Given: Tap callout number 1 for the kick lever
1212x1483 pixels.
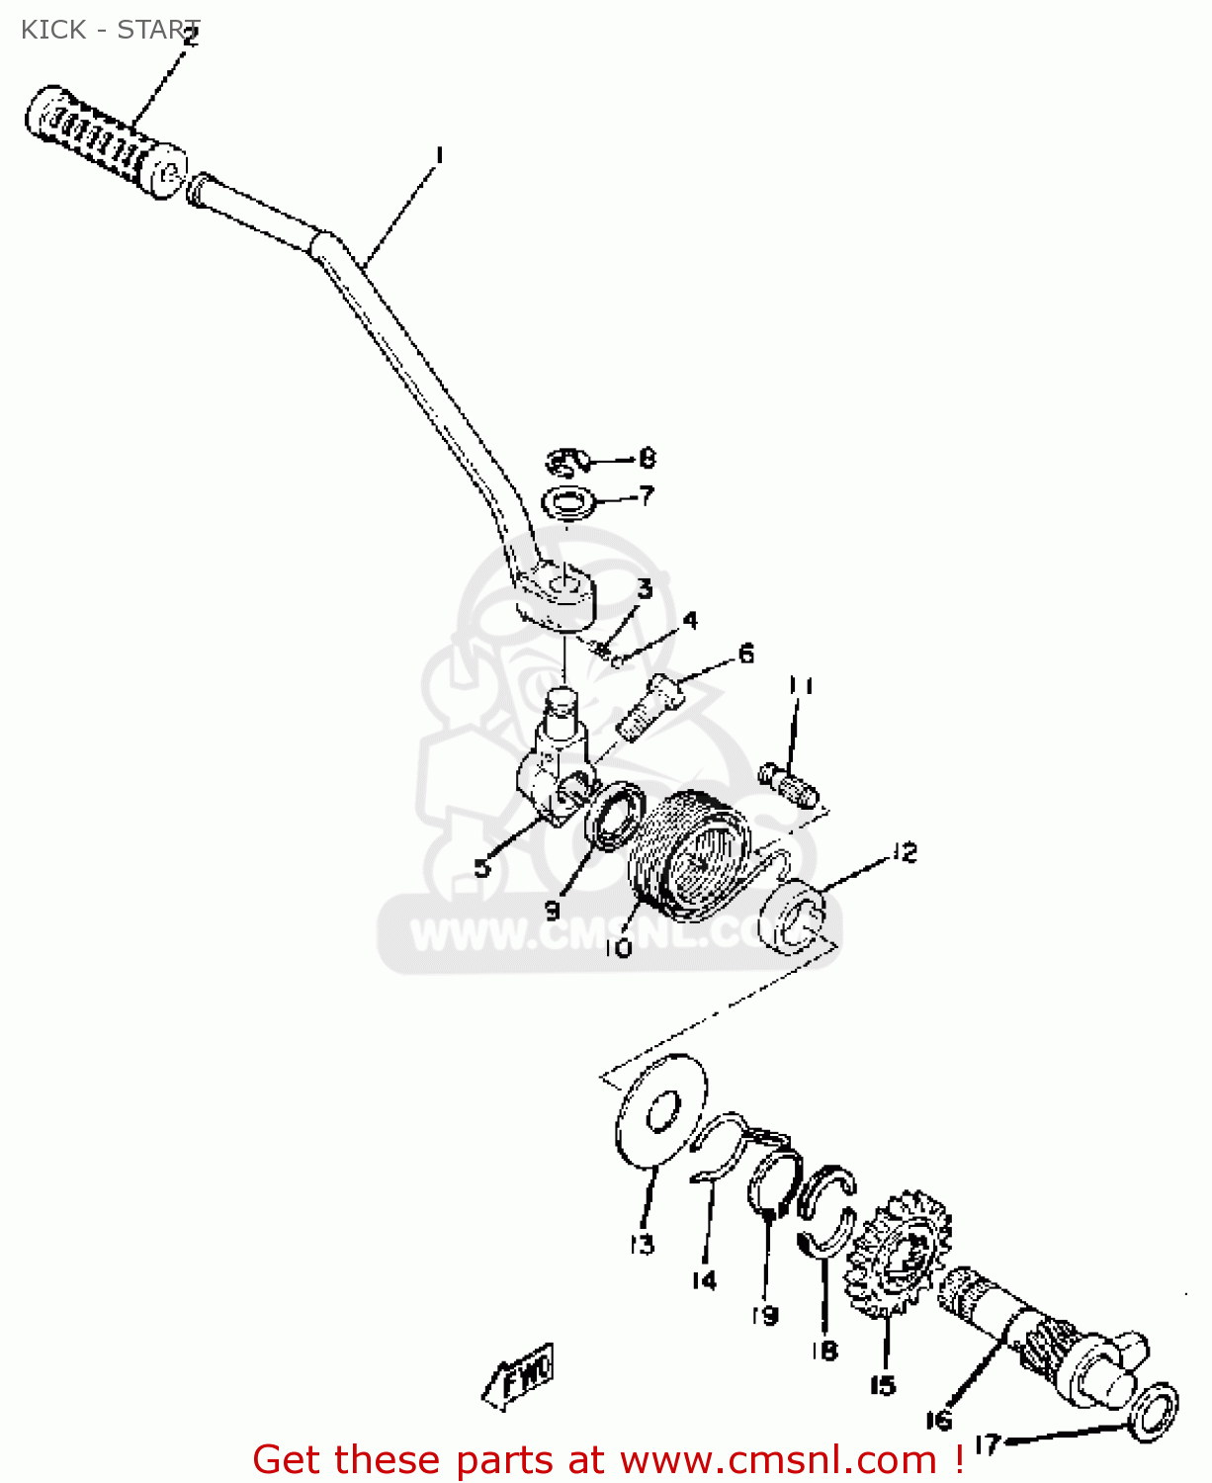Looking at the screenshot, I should tap(439, 156).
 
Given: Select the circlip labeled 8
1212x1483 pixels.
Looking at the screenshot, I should tap(566, 462).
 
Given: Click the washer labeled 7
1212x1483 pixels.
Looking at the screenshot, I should tap(570, 503).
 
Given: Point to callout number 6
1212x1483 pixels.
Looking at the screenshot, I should tap(746, 654).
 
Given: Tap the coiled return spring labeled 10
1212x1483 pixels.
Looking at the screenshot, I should tap(690, 853).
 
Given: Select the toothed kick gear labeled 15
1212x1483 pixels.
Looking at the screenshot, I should tap(897, 1255).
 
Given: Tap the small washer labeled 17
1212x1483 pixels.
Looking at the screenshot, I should tap(1153, 1412).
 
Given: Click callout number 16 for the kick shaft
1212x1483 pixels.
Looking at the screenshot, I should tap(939, 1420).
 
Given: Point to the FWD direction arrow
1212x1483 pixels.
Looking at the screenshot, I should tap(520, 1374).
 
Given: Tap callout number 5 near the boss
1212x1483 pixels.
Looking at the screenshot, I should tap(481, 868).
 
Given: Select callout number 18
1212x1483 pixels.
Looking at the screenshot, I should tap(824, 1350).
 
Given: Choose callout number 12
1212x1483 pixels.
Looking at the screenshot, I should tap(904, 852).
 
